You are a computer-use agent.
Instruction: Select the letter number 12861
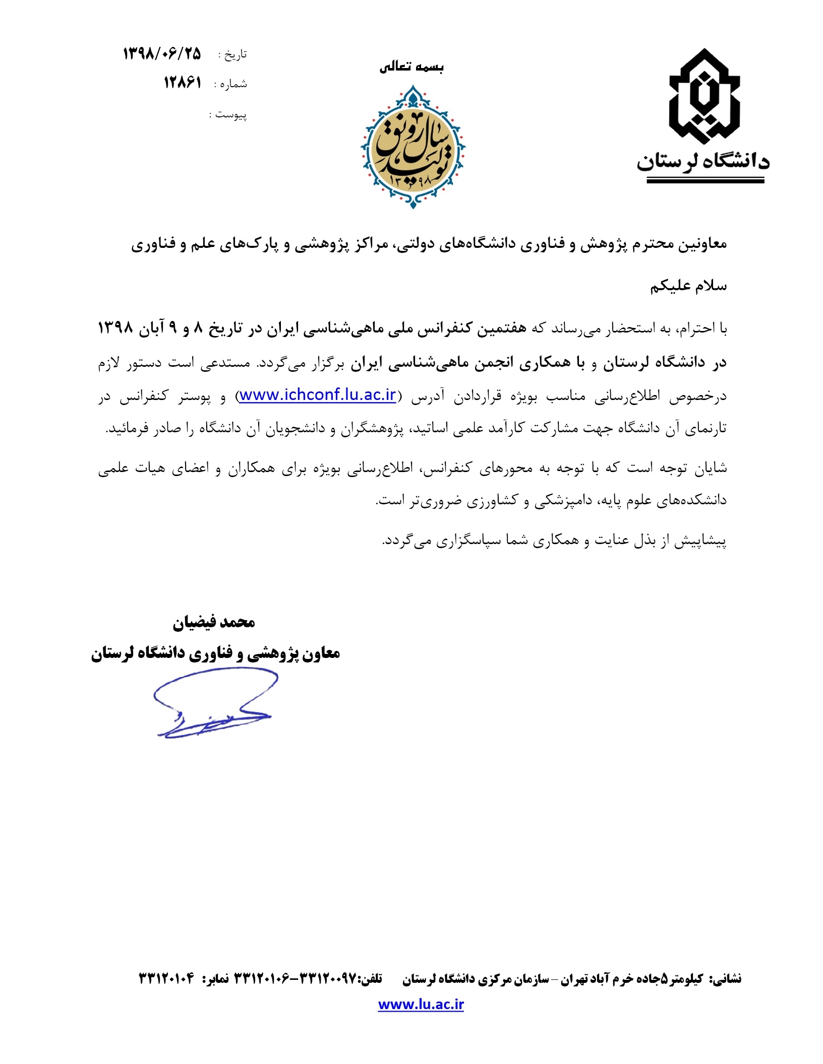182,83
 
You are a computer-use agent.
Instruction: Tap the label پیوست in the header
231,115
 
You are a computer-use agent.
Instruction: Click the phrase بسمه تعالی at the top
411,67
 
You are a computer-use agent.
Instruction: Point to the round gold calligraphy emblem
413,147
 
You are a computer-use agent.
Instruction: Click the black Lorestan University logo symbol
704,96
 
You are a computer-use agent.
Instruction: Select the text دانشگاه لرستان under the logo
703,161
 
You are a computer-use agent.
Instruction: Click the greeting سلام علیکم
688,286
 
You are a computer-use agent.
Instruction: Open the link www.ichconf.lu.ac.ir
318,395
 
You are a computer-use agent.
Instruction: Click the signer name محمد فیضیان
214,623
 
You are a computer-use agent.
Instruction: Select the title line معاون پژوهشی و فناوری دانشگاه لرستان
215,653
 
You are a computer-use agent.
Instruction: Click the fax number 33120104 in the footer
166,978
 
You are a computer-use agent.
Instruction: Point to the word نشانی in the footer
726,978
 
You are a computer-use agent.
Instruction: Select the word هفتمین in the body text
501,328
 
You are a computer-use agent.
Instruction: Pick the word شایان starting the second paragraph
711,469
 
